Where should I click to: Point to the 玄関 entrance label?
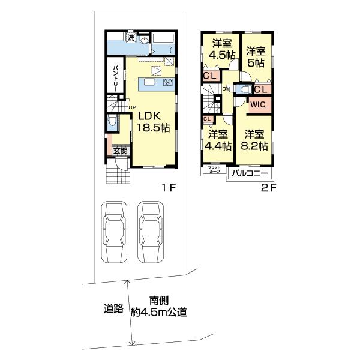[120, 151]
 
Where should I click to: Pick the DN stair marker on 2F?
[226, 89]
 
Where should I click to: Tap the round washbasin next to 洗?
[145, 40]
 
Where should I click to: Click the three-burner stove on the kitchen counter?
[167, 83]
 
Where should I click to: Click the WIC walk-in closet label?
[258, 104]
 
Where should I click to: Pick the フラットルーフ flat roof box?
[215, 169]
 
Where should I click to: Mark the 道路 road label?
[113, 310]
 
